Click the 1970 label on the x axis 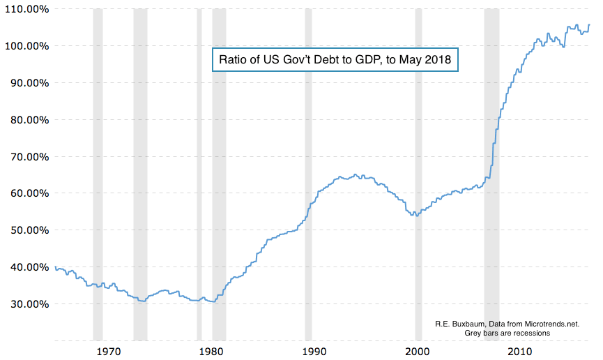[107, 350]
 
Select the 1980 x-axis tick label [211, 350]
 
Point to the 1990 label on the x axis [314, 350]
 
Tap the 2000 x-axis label [417, 350]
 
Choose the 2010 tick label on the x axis [520, 350]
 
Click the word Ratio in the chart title [234, 60]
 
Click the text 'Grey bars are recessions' [507, 333]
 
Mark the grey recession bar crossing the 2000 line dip [418, 174]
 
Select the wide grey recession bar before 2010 [491, 174]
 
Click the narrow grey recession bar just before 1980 [199, 174]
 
